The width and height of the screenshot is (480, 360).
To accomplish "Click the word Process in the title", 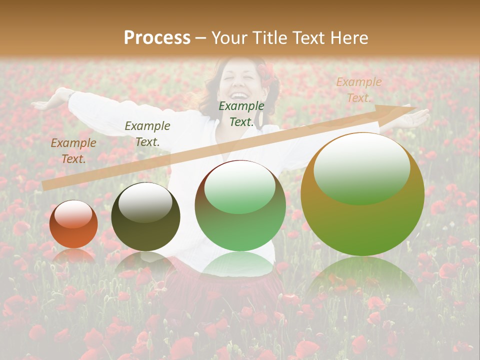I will [x=157, y=37].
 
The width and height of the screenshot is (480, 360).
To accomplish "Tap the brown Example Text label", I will [x=73, y=150].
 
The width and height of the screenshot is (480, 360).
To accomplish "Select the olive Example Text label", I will [x=147, y=133].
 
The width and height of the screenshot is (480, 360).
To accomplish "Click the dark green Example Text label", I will [x=241, y=113].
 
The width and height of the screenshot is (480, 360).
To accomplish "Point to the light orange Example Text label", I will [x=358, y=90].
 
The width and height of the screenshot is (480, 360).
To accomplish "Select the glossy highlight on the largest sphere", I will [x=361, y=168].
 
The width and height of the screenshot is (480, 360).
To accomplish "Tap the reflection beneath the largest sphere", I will [x=362, y=277].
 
